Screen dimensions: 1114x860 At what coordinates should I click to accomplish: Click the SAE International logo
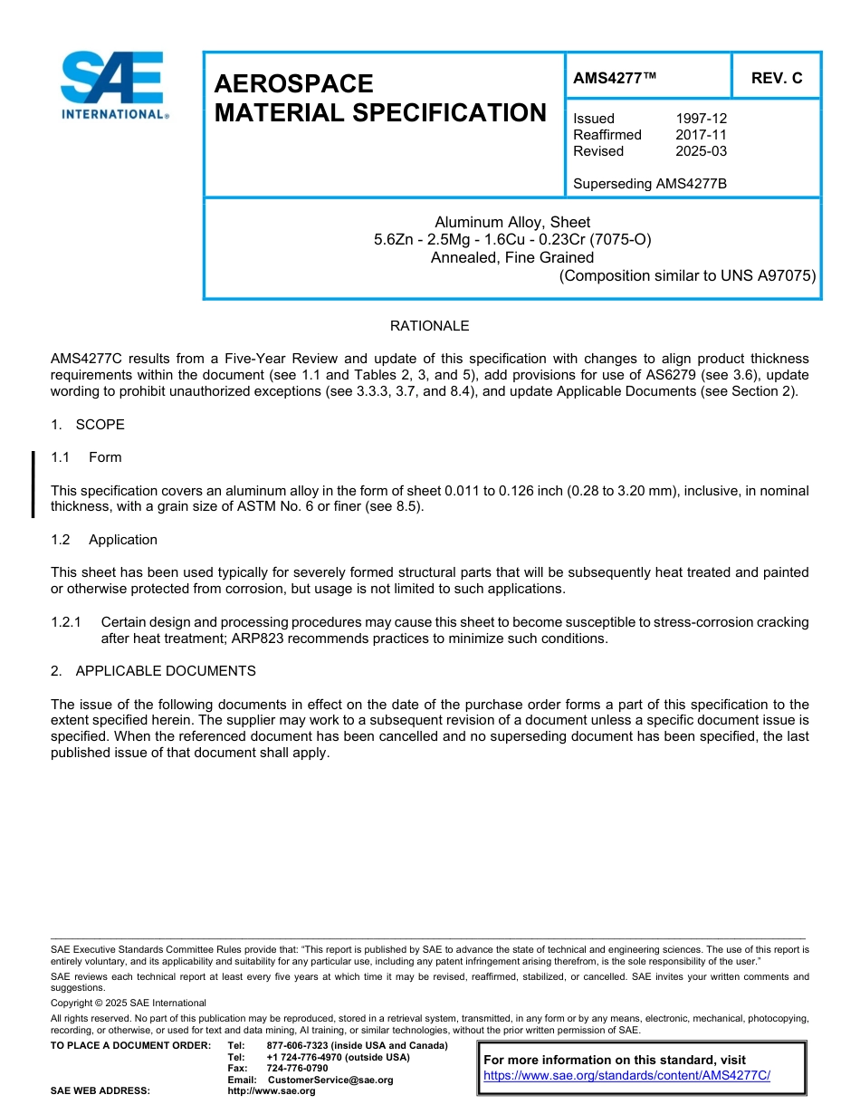(112, 86)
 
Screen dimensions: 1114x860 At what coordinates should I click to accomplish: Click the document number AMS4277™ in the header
(614, 78)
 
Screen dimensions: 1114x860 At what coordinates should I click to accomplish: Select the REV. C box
(776, 78)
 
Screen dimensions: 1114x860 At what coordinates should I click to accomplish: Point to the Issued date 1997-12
(701, 119)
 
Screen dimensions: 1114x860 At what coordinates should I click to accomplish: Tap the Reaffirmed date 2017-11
(701, 135)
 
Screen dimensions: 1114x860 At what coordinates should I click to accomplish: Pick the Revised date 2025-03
(701, 151)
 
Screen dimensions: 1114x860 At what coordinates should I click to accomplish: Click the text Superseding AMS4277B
(650, 184)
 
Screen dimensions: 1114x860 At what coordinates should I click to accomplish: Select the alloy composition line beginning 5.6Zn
(512, 240)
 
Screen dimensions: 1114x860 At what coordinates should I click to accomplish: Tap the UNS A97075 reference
(768, 275)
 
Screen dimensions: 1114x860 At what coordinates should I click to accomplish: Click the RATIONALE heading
(429, 326)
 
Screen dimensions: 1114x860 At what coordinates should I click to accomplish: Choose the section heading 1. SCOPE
(88, 425)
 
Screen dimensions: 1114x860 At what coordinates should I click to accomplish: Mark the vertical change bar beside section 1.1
(33, 485)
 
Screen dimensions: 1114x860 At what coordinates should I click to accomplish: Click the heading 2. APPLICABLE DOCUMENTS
(153, 671)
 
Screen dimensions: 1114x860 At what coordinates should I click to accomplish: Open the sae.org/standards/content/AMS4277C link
(626, 1076)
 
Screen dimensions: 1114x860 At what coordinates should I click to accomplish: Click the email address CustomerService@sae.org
(330, 1080)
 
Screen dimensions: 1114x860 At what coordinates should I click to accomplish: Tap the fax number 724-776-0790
(297, 1069)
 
